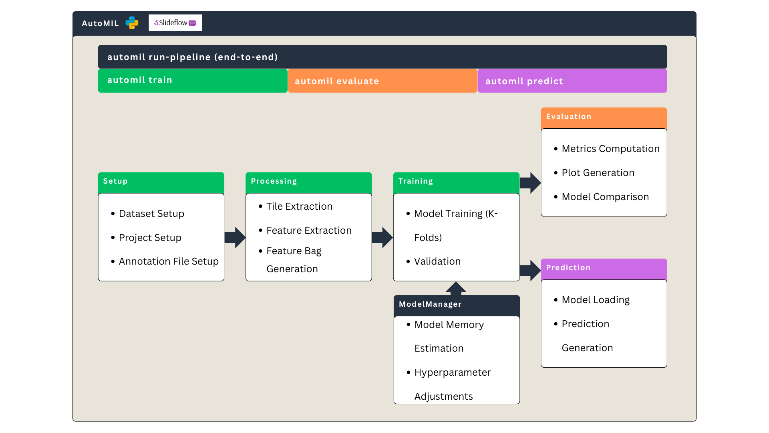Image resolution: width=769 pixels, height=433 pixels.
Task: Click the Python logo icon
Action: (x=132, y=23)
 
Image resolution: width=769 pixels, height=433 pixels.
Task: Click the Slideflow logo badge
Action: (x=175, y=23)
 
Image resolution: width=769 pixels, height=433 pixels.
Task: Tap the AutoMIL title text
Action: (x=100, y=23)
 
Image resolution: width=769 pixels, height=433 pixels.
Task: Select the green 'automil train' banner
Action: (x=193, y=81)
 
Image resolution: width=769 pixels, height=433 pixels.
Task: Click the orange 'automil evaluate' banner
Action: (x=382, y=81)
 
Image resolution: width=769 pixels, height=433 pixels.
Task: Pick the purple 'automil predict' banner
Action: (x=572, y=81)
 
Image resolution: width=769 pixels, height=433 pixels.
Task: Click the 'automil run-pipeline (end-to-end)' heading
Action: (x=193, y=57)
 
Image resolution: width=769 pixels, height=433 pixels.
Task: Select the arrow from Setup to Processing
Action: (x=235, y=237)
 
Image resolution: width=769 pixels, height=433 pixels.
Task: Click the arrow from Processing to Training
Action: (x=382, y=237)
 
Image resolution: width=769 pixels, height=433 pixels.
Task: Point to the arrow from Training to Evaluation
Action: (x=530, y=183)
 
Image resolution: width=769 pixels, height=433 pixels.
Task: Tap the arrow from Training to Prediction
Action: (x=530, y=270)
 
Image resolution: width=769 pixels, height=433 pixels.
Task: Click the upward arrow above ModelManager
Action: (x=456, y=288)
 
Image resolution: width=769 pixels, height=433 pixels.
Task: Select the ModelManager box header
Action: (x=456, y=304)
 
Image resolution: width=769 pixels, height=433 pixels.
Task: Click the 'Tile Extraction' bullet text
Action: (x=299, y=206)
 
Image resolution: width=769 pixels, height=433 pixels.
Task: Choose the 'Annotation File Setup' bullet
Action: (x=169, y=261)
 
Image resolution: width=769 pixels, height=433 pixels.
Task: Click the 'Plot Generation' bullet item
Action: (x=598, y=173)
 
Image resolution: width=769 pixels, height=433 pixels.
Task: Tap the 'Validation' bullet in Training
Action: (x=437, y=261)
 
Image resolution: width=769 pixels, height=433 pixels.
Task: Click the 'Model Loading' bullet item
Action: (x=595, y=300)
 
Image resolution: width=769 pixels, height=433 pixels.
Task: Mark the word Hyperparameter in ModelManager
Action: (x=453, y=372)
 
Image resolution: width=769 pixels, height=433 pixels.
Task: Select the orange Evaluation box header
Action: (x=604, y=117)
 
